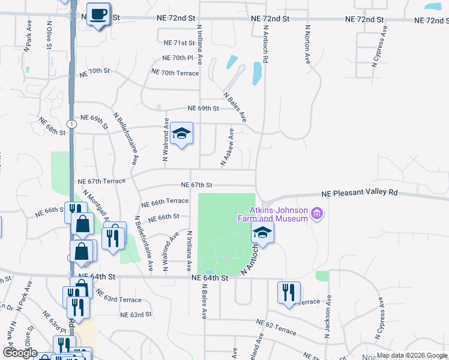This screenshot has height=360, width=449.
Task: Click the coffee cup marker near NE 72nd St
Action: pos(98,14)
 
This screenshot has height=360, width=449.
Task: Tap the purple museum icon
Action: pos(318,214)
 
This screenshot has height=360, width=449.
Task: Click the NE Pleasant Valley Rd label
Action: pos(360,193)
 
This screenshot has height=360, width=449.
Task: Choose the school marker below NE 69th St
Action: pos(181,134)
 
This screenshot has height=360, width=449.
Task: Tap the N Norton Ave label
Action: pos(307,44)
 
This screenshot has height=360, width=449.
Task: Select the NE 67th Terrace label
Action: pos(102,181)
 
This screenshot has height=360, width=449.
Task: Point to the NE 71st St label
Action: pos(179,43)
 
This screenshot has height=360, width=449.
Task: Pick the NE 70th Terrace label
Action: pos(175,73)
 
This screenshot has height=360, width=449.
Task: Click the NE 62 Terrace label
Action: pos(276,331)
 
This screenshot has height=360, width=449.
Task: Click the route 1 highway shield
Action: pos(71,124)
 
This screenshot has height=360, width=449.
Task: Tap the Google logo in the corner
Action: pos(20,352)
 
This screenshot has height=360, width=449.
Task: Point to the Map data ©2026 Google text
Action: pos(412,355)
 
